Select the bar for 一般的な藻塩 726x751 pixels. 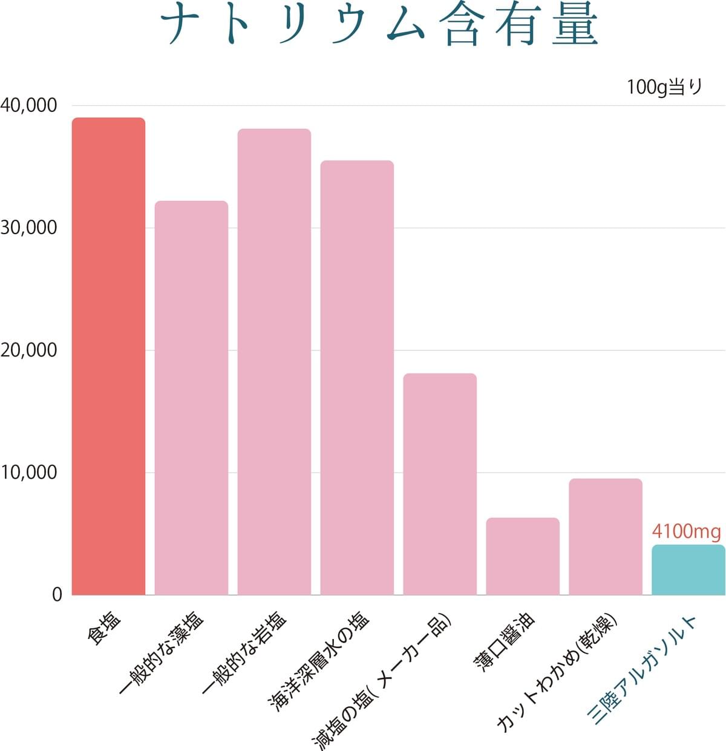pyautogui.click(x=191, y=398)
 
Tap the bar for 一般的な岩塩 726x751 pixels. pyautogui.click(x=274, y=361)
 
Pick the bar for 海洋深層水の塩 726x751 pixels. pyautogui.click(x=357, y=377)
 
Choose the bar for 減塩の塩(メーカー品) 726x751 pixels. pyautogui.click(x=440, y=484)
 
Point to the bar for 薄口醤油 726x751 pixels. pyautogui.click(x=523, y=556)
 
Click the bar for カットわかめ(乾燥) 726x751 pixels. pyautogui.click(x=606, y=536)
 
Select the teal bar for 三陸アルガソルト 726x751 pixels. pyautogui.click(x=688, y=569)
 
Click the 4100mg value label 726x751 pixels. pyautogui.click(x=686, y=532)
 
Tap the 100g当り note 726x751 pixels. pyautogui.click(x=664, y=87)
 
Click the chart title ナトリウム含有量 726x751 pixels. pyautogui.click(x=379, y=27)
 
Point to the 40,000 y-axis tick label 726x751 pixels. pyautogui.click(x=28, y=105)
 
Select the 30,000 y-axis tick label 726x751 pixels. pyautogui.click(x=28, y=228)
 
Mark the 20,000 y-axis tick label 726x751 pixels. pyautogui.click(x=28, y=350)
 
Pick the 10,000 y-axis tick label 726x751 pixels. pyautogui.click(x=28, y=473)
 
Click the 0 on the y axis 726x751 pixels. pyautogui.click(x=57, y=595)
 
